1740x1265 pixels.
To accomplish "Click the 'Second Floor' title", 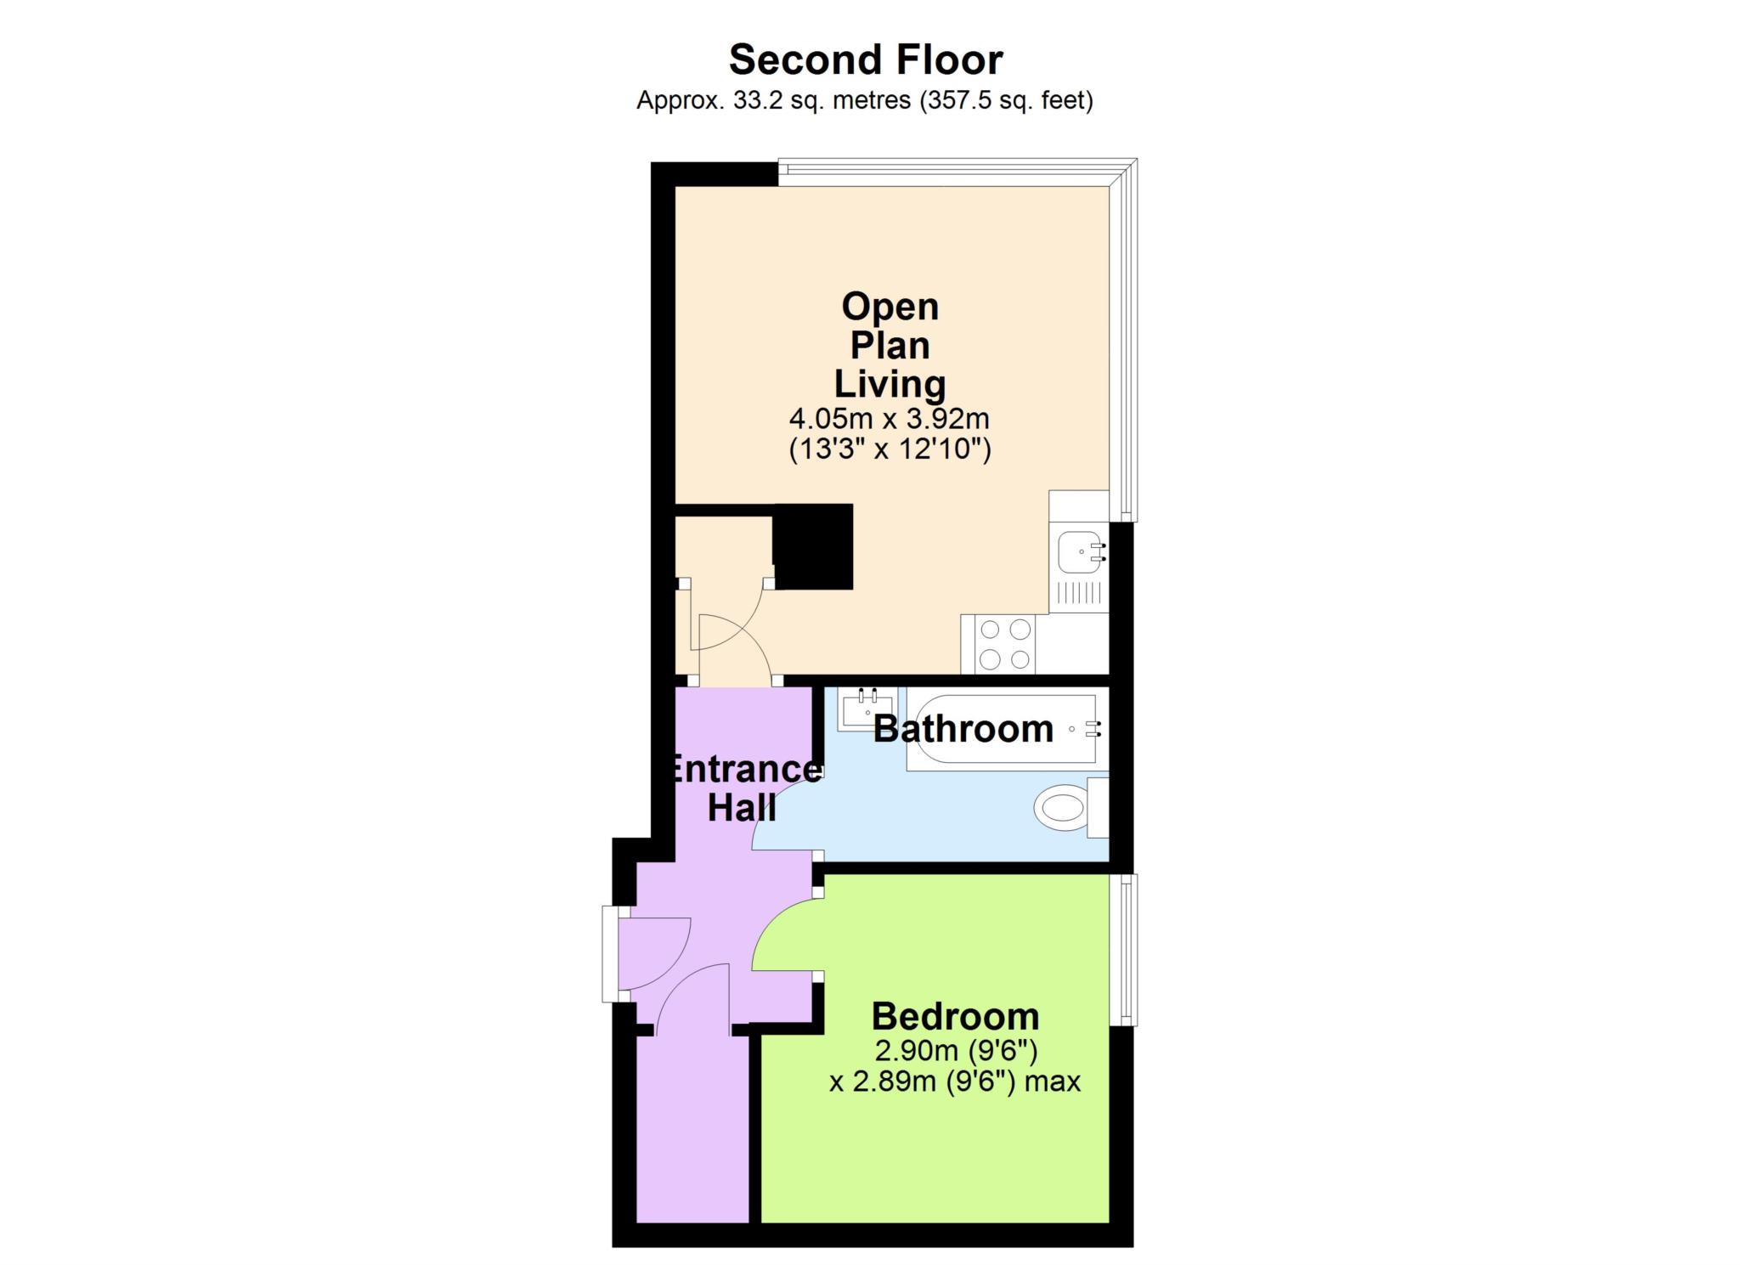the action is [x=866, y=59].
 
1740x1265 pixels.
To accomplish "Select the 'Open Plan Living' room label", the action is [x=890, y=345].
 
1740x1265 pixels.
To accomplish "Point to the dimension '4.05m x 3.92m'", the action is [x=890, y=419].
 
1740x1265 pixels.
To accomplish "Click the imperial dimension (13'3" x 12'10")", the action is [x=890, y=449].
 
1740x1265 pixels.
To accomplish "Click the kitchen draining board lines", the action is [x=1079, y=593].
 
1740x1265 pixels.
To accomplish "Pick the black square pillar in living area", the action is [x=813, y=547].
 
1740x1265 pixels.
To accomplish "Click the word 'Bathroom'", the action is [x=963, y=729].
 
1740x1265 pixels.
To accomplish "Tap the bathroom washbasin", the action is [x=866, y=709].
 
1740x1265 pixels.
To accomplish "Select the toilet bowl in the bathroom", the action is [x=1062, y=806].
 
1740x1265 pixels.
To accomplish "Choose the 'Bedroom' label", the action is [x=955, y=1016].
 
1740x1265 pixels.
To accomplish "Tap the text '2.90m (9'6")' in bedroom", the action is [x=956, y=1052].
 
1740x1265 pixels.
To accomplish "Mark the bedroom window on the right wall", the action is [x=1125, y=950].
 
